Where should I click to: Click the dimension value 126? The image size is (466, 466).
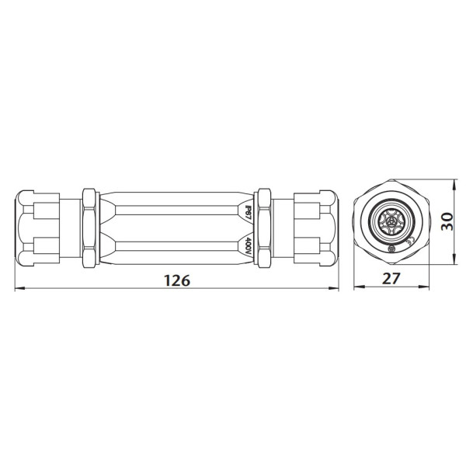pos(178,280)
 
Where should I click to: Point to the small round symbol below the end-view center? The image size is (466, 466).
pos(393,249)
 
